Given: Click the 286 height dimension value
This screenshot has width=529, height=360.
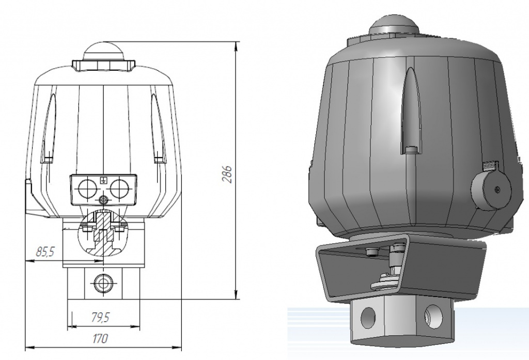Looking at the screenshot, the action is pyautogui.click(x=228, y=174).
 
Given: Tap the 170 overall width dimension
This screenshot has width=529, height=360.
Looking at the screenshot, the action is pyautogui.click(x=100, y=338).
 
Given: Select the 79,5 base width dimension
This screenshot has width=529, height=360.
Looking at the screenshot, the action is pyautogui.click(x=101, y=318).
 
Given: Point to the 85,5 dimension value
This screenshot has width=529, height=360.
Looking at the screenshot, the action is pyautogui.click(x=45, y=252).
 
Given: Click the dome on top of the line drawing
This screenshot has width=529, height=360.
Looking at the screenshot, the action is pyautogui.click(x=104, y=51).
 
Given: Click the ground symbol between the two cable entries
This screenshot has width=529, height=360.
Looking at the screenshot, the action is pyautogui.click(x=103, y=180).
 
